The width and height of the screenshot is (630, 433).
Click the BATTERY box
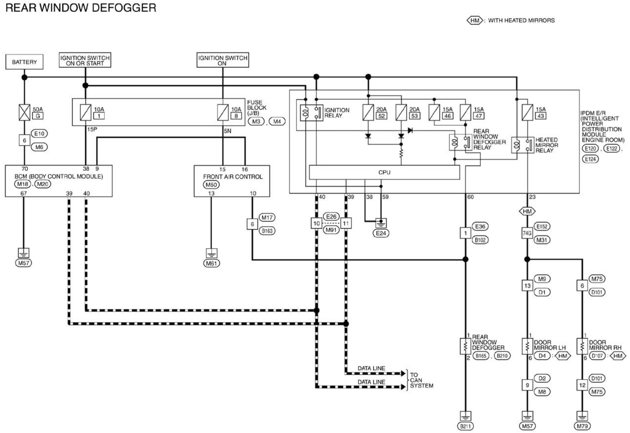[24, 62]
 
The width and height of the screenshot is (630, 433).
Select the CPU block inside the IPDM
[384, 172]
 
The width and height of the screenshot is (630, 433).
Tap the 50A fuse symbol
[24, 112]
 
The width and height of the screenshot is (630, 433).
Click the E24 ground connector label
[381, 233]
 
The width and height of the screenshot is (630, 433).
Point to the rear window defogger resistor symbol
[465, 346]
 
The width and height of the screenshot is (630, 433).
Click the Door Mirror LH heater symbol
[527, 346]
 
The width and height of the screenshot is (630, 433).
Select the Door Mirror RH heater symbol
[582, 346]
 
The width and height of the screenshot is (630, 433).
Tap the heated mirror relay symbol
[523, 145]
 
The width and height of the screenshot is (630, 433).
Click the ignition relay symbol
[311, 113]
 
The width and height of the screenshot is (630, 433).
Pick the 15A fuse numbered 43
[527, 112]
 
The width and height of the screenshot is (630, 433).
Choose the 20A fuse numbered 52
[368, 112]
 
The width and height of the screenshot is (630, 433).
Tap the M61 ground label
[211, 263]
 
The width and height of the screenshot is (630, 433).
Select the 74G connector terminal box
[527, 233]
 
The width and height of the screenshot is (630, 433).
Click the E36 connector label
[480, 226]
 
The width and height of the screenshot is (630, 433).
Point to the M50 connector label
[211, 185]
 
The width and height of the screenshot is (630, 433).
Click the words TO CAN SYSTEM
[422, 380]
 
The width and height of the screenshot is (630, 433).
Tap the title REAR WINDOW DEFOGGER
[81, 8]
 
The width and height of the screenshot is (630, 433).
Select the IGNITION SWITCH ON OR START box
[85, 60]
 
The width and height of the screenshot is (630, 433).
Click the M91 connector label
[331, 230]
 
